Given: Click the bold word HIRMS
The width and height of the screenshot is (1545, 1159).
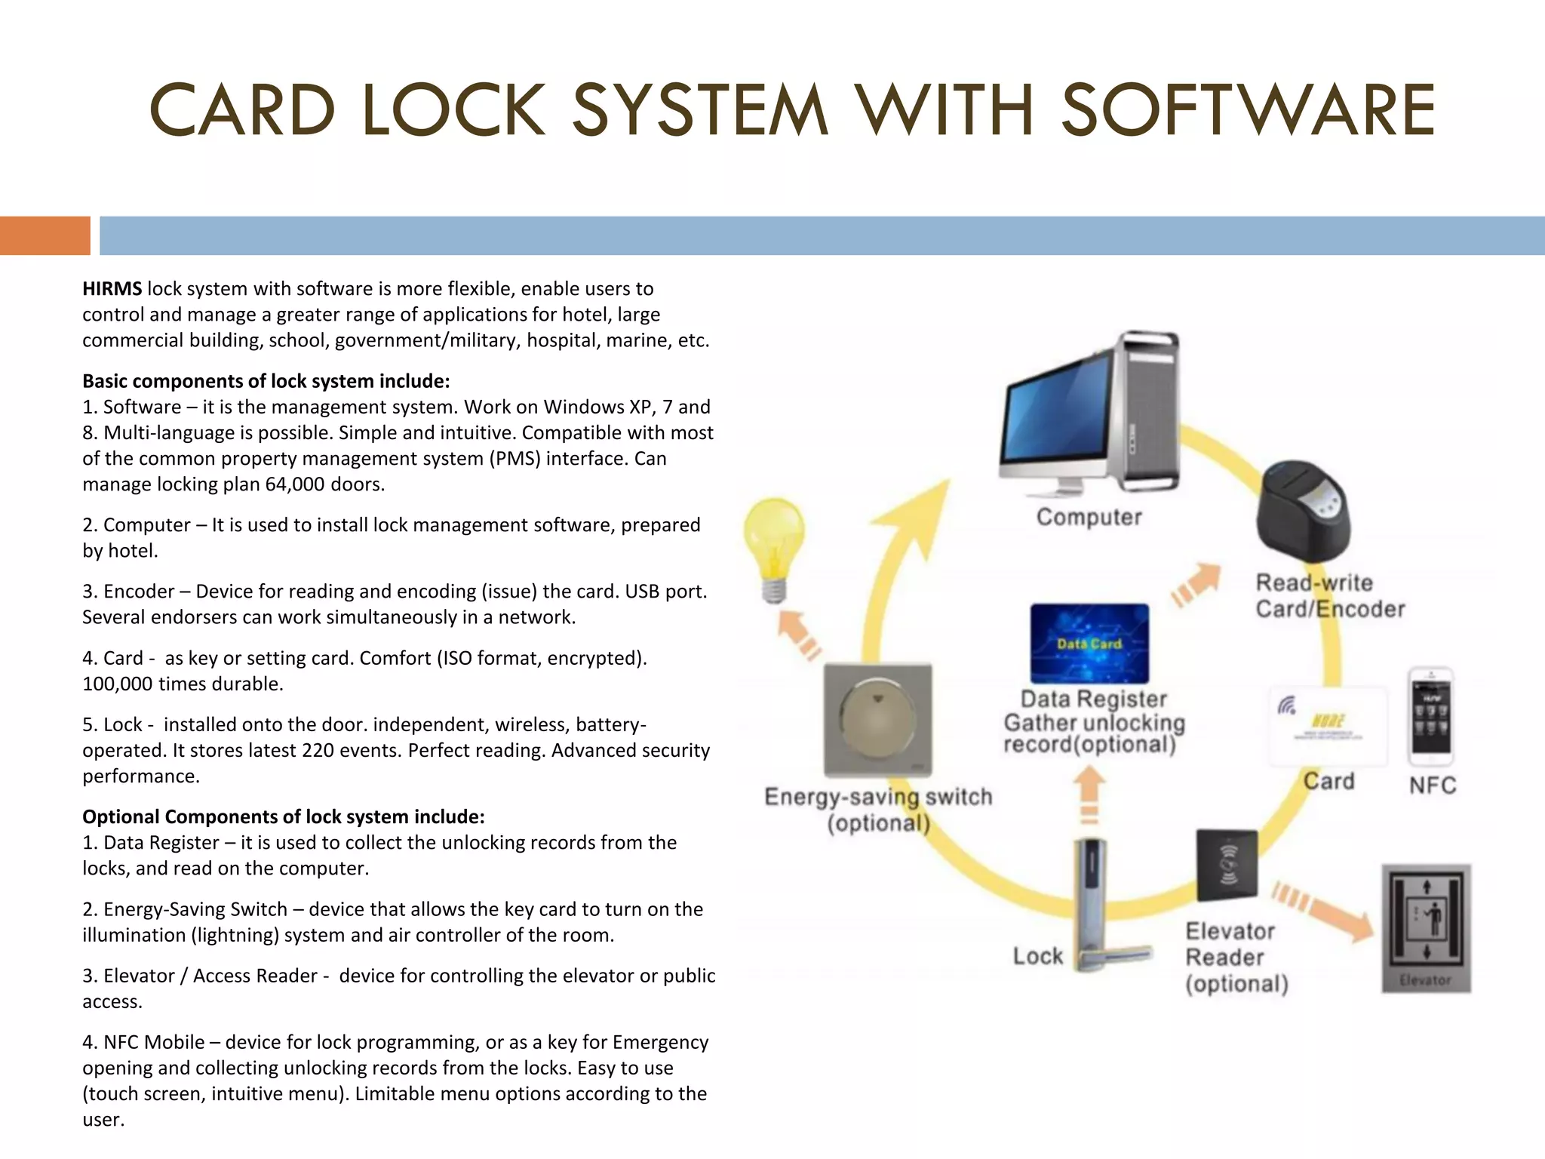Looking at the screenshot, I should pos(112,289).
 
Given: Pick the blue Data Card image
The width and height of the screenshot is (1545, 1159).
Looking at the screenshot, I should pos(1089,644).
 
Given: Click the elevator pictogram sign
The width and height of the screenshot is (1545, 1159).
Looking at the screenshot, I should pos(1426,927).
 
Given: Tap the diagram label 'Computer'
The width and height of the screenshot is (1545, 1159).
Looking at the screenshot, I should pos(1089,518).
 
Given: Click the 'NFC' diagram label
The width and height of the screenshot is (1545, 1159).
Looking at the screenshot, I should pos(1432,785).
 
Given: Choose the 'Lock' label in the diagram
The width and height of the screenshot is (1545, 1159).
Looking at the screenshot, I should pos(1037,956).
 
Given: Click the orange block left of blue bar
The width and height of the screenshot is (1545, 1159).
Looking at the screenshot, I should pos(45,235).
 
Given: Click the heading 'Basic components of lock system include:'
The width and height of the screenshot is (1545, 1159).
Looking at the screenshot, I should pos(266,381).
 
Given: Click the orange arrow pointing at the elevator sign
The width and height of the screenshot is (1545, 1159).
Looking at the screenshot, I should pos(1324,913).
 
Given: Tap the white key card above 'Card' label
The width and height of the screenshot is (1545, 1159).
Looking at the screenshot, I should pos(1328,725).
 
